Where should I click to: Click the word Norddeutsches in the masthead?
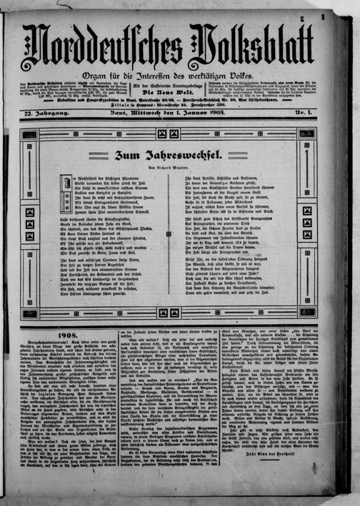[x=107, y=48]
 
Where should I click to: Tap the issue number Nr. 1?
[x=307, y=115]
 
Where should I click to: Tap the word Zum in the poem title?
[x=126, y=154]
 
